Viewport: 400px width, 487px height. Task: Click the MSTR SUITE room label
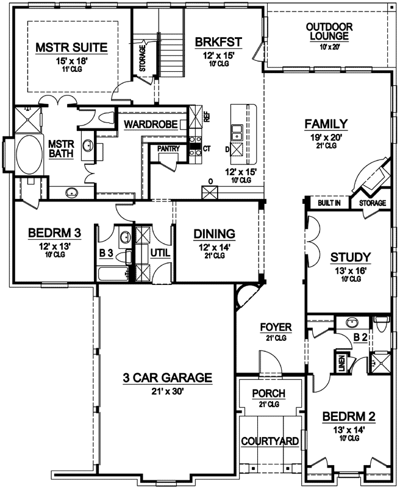pos(71,47)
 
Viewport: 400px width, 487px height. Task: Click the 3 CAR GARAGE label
pos(168,377)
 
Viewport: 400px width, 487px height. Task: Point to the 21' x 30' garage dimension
pos(168,391)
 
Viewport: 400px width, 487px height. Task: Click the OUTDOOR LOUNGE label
pos(329,32)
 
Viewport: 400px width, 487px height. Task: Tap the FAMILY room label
pos(326,124)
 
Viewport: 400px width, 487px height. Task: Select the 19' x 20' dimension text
pos(326,137)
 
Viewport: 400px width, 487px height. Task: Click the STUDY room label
pos(351,257)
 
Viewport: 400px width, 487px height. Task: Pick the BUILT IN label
pos(329,203)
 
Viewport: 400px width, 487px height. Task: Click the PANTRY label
pos(168,149)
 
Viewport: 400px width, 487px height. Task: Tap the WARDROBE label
pos(151,125)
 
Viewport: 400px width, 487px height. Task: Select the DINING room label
pos(214,234)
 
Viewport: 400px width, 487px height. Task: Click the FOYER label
pos(276,327)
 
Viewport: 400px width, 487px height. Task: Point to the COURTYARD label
pos(270,441)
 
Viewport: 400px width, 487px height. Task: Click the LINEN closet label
pos(342,363)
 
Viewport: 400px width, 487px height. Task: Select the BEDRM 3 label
pos(55,233)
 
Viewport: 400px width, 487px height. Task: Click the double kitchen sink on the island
pos(237,133)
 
